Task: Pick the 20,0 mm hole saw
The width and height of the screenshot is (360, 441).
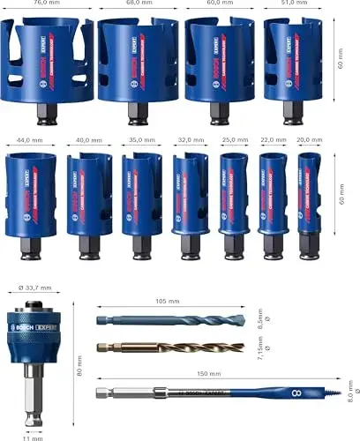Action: point(309,203)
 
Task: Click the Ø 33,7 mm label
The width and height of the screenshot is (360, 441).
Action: point(34,288)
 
